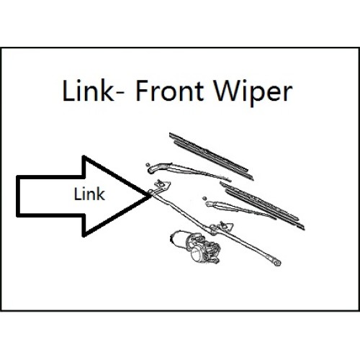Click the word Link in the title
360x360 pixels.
coord(88,91)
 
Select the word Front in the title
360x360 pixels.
coord(170,91)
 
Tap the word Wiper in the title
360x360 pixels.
coord(253,94)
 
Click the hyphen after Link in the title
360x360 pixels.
coord(122,94)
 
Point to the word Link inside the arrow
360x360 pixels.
coord(89,194)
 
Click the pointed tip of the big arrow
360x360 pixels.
coord(151,196)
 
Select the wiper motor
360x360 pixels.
coord(195,247)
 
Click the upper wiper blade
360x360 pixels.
coord(211,156)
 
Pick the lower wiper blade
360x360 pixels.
coord(262,206)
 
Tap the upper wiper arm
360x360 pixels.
coord(187,170)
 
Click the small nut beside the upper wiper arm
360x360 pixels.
coord(148,165)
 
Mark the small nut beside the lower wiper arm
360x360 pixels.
coord(204,199)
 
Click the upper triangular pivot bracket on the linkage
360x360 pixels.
coord(162,184)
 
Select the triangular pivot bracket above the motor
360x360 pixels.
coord(225,226)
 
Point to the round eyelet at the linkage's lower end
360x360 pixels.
coord(277,262)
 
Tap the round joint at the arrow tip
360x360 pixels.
coord(150,192)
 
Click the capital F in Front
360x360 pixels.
coord(142,91)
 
